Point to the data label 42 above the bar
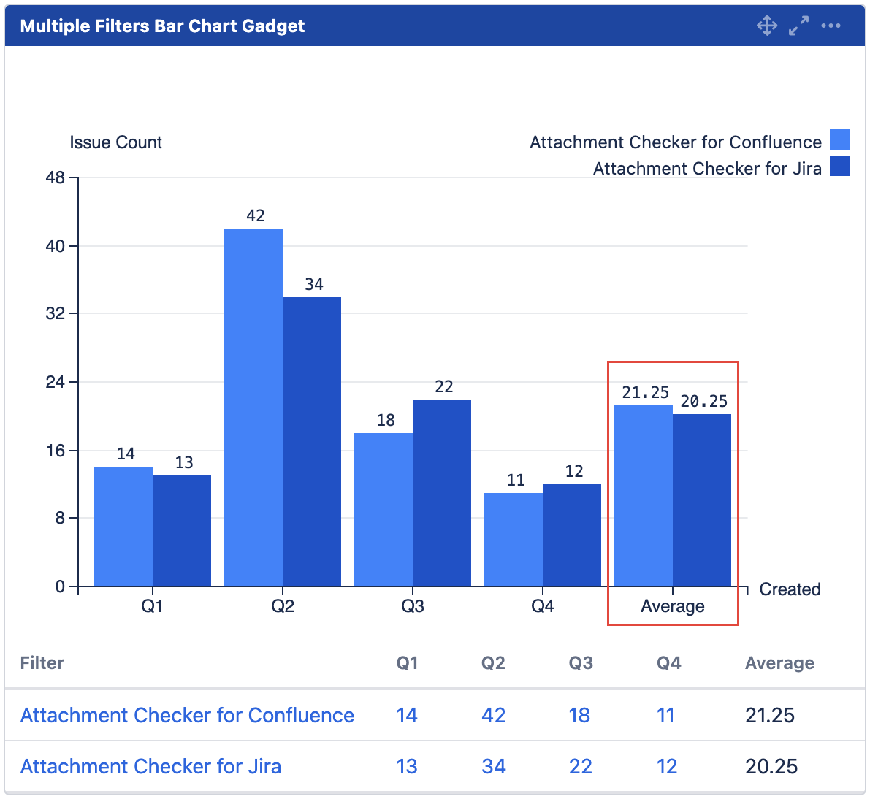[256, 215]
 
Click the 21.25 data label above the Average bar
[645, 392]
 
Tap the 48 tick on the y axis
[56, 177]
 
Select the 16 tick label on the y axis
[56, 450]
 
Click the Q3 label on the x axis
[413, 606]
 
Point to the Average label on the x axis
[672, 606]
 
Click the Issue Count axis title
[115, 142]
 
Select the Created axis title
[790, 589]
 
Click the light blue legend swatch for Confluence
[840, 139]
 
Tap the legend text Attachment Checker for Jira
[707, 169]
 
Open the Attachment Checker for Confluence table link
[187, 715]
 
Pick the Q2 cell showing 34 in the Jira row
[494, 766]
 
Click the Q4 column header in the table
[668, 663]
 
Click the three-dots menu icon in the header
[831, 26]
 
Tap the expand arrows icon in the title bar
[798, 26]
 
